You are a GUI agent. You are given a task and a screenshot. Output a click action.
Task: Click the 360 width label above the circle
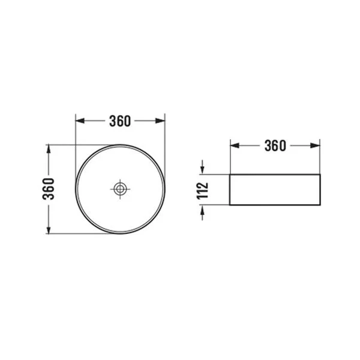tap(120, 121)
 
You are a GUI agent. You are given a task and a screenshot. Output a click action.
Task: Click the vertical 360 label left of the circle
tap(49, 189)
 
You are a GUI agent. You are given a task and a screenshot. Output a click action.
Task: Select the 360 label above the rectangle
tap(275, 146)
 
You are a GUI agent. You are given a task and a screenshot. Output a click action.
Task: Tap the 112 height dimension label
tap(203, 190)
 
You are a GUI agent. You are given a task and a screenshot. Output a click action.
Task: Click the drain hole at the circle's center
tap(120, 189)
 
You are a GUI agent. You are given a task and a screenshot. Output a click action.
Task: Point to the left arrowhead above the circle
tap(80, 121)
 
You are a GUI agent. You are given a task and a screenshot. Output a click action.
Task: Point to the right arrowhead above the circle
tap(160, 121)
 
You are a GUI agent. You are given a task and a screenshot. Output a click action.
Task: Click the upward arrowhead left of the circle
tap(49, 149)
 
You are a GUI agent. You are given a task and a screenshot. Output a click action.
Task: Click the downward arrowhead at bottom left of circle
tap(49, 230)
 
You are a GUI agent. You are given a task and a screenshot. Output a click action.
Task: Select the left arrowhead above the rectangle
tap(235, 146)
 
